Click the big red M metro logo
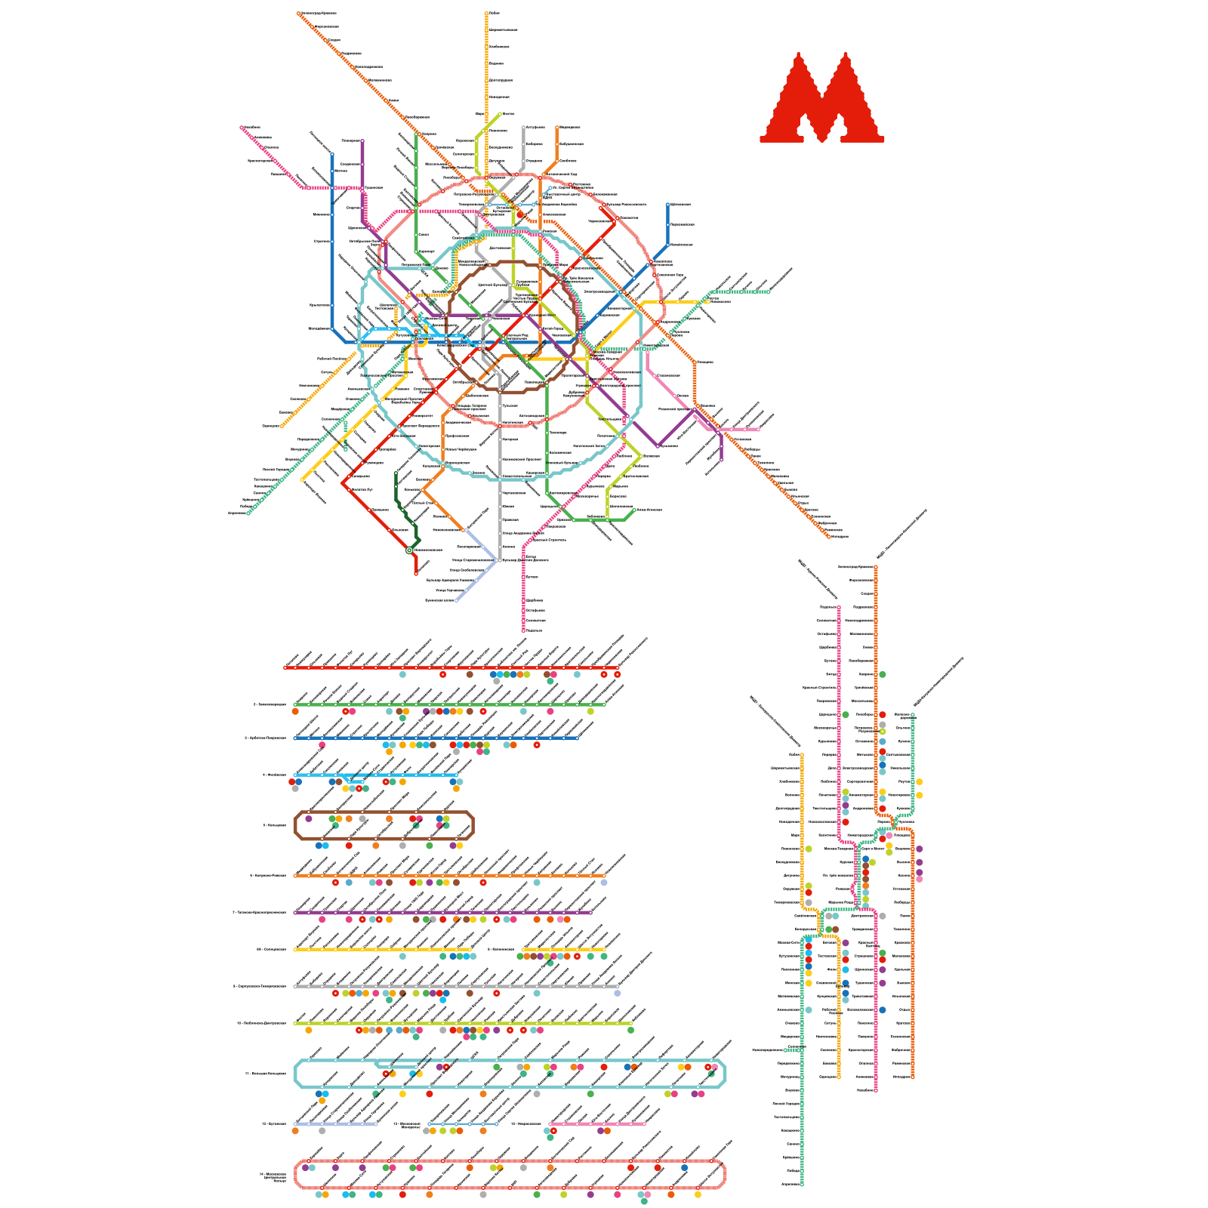coord(821,98)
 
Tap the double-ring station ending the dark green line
coord(409,550)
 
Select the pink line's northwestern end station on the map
coord(242,128)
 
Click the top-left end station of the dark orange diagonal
coord(299,13)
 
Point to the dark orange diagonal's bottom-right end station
coord(829,536)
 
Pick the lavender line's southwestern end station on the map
coord(456,601)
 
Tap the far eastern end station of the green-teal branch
coord(769,291)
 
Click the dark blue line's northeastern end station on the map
coord(667,205)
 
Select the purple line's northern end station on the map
coord(362,141)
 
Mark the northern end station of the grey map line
coord(523,128)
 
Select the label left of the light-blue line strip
coord(274,775)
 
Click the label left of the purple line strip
coord(259,912)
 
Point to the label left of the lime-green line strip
coord(261,1023)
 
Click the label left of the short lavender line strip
coord(273,1123)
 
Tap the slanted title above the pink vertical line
coord(818,578)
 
